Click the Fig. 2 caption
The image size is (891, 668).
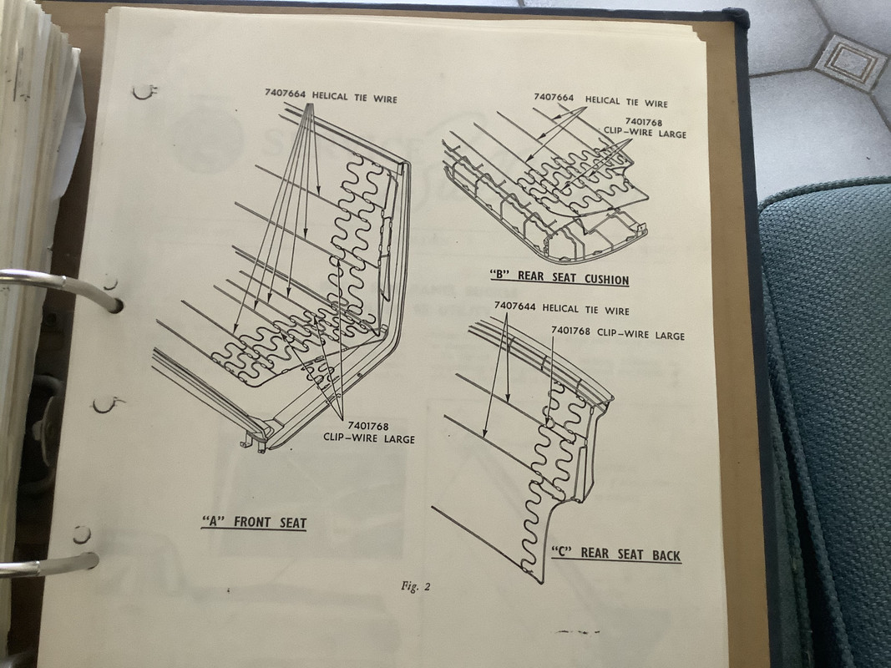click(x=415, y=586)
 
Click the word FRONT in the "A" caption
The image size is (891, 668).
click(x=253, y=522)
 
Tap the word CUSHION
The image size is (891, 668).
click(x=606, y=279)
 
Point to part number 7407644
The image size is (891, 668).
click(x=515, y=306)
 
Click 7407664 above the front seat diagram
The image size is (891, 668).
click(x=286, y=94)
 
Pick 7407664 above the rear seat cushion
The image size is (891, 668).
click(x=554, y=98)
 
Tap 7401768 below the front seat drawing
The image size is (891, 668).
click(x=368, y=426)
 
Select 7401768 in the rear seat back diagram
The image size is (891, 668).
click(x=570, y=331)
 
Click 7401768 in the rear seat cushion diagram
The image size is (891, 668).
click(x=644, y=122)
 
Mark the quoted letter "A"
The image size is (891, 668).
click(x=214, y=521)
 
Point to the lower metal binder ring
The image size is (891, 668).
click(x=51, y=564)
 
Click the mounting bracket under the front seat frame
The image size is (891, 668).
click(x=253, y=443)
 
